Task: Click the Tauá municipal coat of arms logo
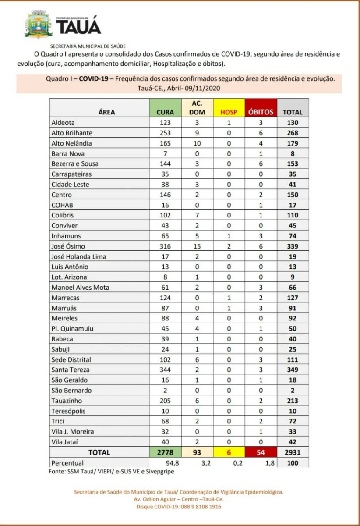click(x=39, y=25)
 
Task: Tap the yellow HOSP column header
click(x=228, y=112)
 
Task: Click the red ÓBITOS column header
click(x=261, y=112)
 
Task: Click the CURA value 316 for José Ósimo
click(x=165, y=246)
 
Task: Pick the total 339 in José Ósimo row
click(x=293, y=246)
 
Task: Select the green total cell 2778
click(x=165, y=452)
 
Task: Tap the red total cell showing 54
click(x=261, y=452)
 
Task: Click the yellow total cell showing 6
click(x=228, y=452)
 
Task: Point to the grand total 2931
click(x=293, y=452)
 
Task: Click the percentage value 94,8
click(x=165, y=463)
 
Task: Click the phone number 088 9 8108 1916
click(x=199, y=507)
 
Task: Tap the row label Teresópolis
click(x=69, y=411)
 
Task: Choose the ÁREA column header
click(x=106, y=112)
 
